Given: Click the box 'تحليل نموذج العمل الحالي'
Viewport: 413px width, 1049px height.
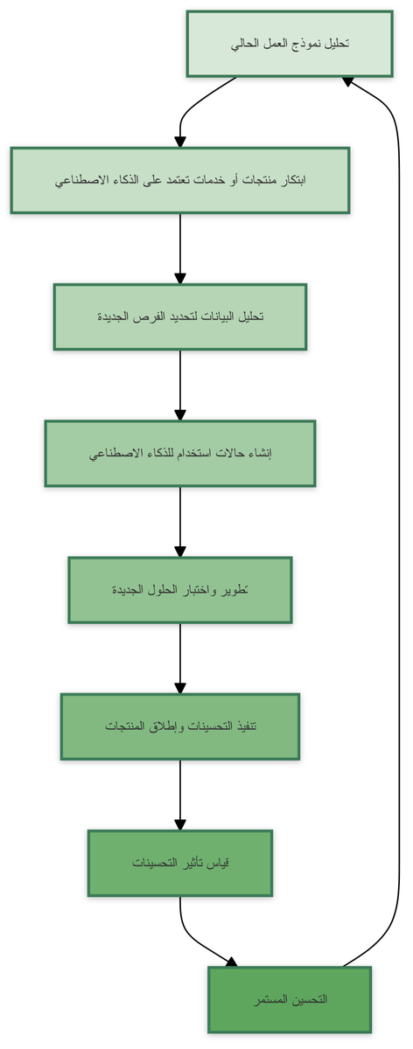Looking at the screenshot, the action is pyautogui.click(x=290, y=44).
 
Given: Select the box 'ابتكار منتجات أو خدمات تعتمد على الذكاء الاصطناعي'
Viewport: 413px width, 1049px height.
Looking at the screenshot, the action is pyautogui.click(x=180, y=180).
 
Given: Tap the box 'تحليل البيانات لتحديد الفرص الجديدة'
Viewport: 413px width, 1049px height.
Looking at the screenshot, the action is pyautogui.click(x=180, y=316).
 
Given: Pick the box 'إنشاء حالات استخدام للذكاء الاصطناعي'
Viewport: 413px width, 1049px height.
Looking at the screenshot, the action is pyautogui.click(x=180, y=454).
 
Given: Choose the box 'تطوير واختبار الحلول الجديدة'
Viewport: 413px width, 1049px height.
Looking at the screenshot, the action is pyautogui.click(x=180, y=590).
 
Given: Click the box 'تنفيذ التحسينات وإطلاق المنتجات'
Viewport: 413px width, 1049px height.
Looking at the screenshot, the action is pyautogui.click(x=180, y=726).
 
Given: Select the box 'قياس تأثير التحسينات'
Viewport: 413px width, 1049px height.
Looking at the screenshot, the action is pyautogui.click(x=180, y=863).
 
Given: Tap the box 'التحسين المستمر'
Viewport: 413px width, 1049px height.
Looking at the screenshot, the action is pyautogui.click(x=290, y=1000).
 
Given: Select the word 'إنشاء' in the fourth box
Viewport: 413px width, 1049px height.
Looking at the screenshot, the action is pyautogui.click(x=262, y=454).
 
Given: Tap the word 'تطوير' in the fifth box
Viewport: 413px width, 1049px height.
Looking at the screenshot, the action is pyautogui.click(x=238, y=590).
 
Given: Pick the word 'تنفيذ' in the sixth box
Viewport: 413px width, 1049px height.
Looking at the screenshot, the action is pyautogui.click(x=246, y=726).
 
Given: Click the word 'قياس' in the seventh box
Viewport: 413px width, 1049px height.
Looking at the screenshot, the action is pyautogui.click(x=220, y=863).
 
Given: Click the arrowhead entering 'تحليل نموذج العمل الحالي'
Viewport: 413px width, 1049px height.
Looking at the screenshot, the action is pyautogui.click(x=347, y=81).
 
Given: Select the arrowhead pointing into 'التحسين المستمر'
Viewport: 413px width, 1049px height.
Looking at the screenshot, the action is pyautogui.click(x=232, y=962).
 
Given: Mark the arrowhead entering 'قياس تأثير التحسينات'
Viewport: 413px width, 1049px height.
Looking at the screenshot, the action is pyautogui.click(x=180, y=824).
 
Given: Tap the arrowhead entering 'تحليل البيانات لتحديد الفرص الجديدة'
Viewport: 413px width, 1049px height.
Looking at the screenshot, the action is pyautogui.click(x=180, y=278).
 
